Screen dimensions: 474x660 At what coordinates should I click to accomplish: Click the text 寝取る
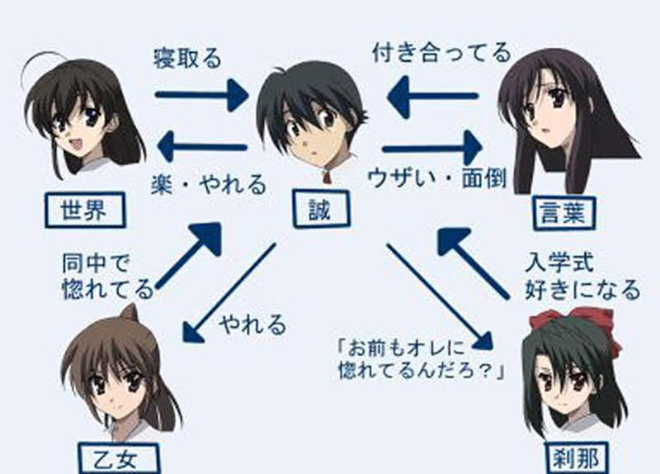[187, 58]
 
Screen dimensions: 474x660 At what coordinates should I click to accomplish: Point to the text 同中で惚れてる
[107, 277]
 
